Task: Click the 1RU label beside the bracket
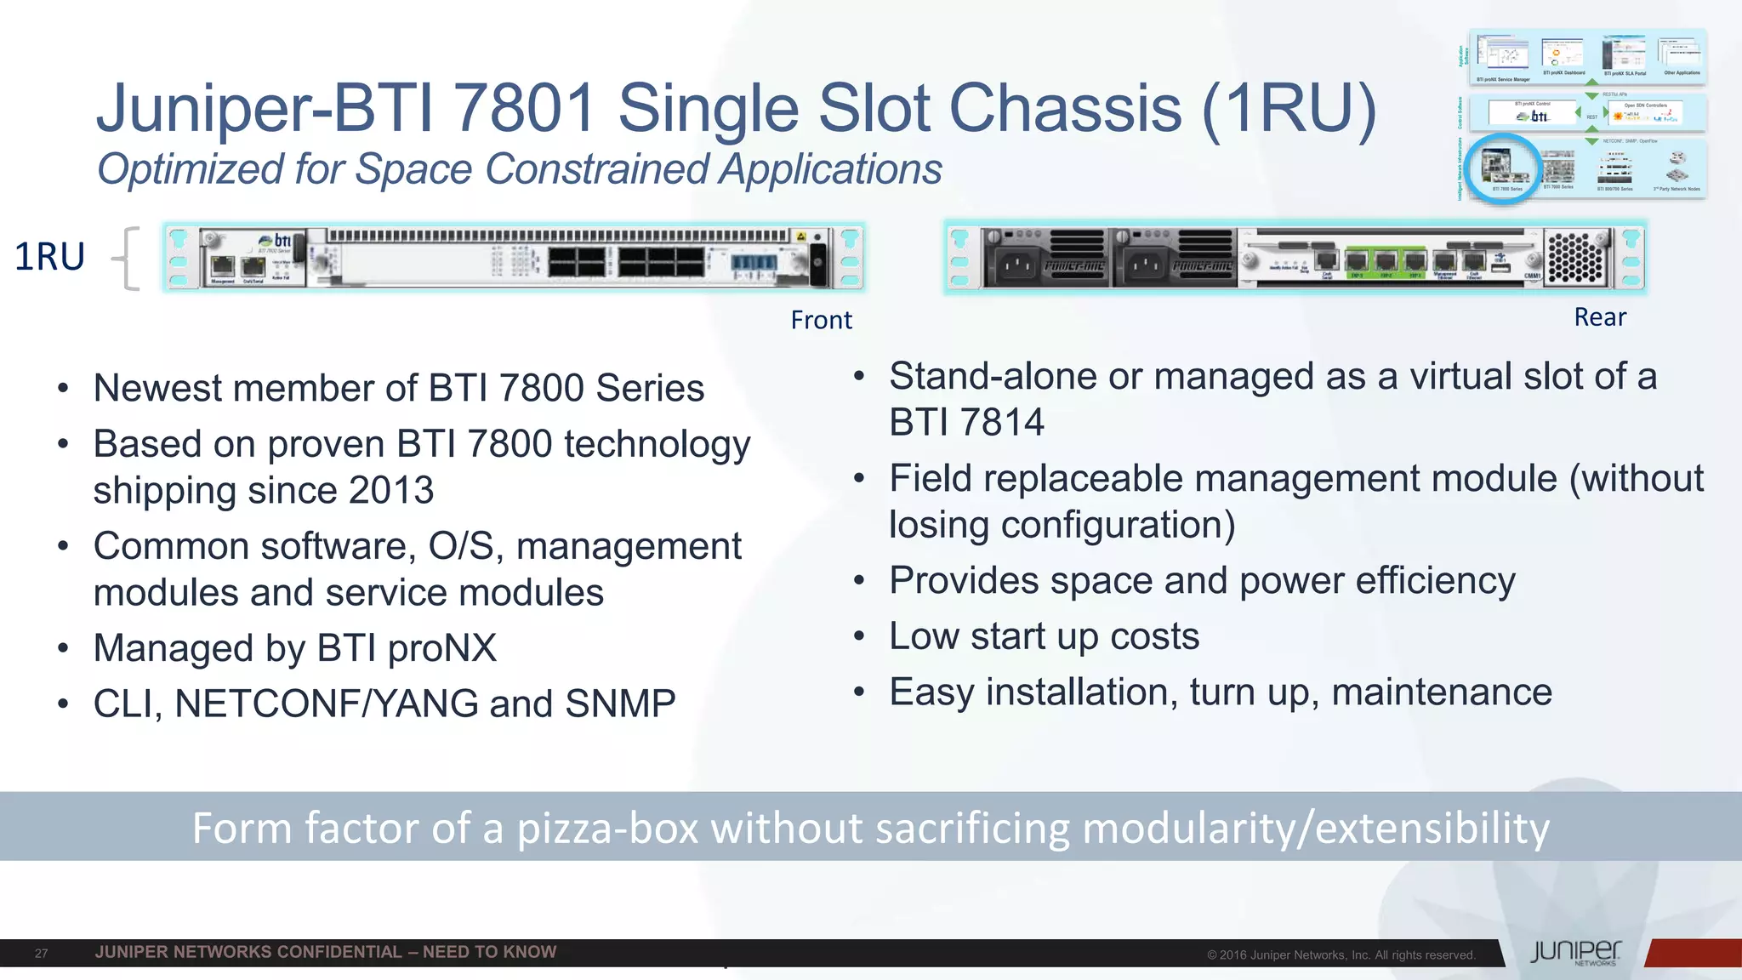(x=49, y=257)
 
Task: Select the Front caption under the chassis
(x=821, y=320)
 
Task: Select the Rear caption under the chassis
(x=1599, y=317)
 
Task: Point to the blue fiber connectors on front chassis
(x=754, y=263)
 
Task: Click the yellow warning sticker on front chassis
(x=800, y=236)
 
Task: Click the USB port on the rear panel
(x=1500, y=268)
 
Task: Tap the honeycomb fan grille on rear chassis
(x=1574, y=258)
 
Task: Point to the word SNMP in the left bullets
(x=620, y=704)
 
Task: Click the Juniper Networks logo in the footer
(x=1576, y=953)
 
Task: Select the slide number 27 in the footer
(x=41, y=954)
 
